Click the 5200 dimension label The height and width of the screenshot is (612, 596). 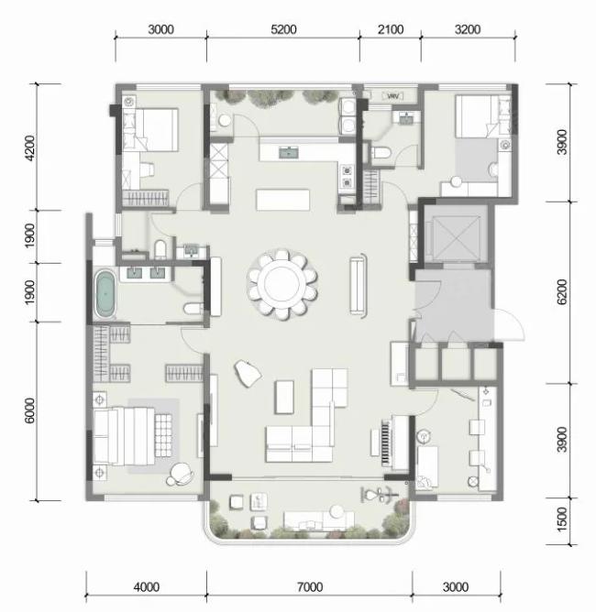coord(283,29)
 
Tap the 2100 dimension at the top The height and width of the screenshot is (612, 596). coord(391,29)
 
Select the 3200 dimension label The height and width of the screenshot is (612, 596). coord(468,29)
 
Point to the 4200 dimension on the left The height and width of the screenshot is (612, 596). coord(29,148)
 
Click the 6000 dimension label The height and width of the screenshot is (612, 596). coord(29,410)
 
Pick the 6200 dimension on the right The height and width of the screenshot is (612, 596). coord(562,292)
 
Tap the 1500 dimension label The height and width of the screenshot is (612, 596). coord(562,519)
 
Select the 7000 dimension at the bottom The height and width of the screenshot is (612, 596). coord(310,586)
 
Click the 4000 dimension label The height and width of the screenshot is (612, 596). coord(147,586)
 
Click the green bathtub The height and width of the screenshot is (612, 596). coord(105,293)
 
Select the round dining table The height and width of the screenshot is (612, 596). coord(283,284)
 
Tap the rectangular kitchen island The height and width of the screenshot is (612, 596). coord(282,200)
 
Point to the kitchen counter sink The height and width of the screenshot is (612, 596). coord(289,152)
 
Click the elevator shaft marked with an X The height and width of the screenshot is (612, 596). coord(455,238)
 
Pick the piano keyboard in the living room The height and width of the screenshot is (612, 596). coord(387,443)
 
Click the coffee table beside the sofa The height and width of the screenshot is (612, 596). coord(285,397)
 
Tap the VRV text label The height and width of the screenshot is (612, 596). coord(393,96)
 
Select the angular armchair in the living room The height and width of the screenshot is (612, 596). coord(248,374)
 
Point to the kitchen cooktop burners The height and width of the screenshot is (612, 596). coord(347,176)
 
